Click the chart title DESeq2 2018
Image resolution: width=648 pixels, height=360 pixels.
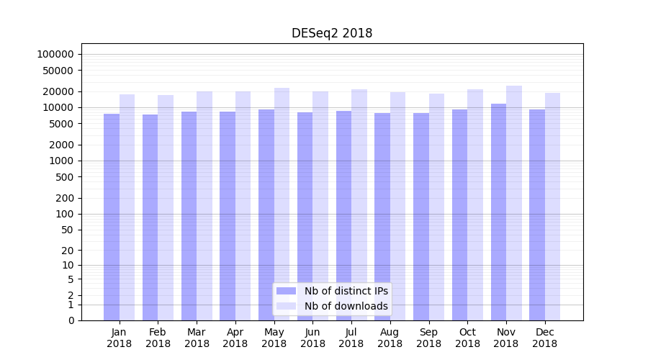pos(332,33)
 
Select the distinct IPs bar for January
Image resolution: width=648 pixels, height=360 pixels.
pos(112,216)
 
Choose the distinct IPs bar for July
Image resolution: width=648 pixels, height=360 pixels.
pos(343,215)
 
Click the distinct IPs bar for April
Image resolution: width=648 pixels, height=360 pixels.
pos(228,216)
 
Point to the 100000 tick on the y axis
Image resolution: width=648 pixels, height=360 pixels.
pos(56,54)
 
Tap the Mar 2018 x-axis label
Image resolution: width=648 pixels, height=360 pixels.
pos(197,338)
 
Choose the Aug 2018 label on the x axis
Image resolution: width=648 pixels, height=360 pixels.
pos(390,338)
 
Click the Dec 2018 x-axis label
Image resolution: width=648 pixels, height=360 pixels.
pos(544,338)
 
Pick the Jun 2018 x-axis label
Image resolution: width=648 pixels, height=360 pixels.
pos(312,338)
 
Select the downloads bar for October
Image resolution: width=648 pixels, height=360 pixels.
pos(475,204)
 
